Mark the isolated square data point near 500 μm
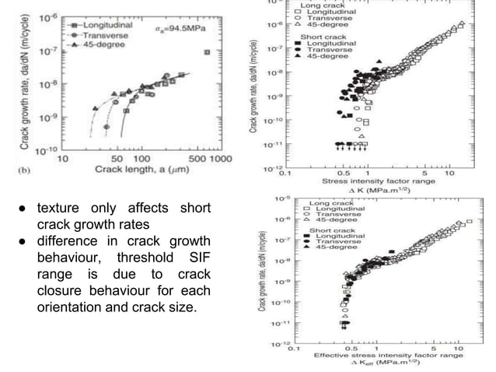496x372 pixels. click(x=207, y=52)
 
